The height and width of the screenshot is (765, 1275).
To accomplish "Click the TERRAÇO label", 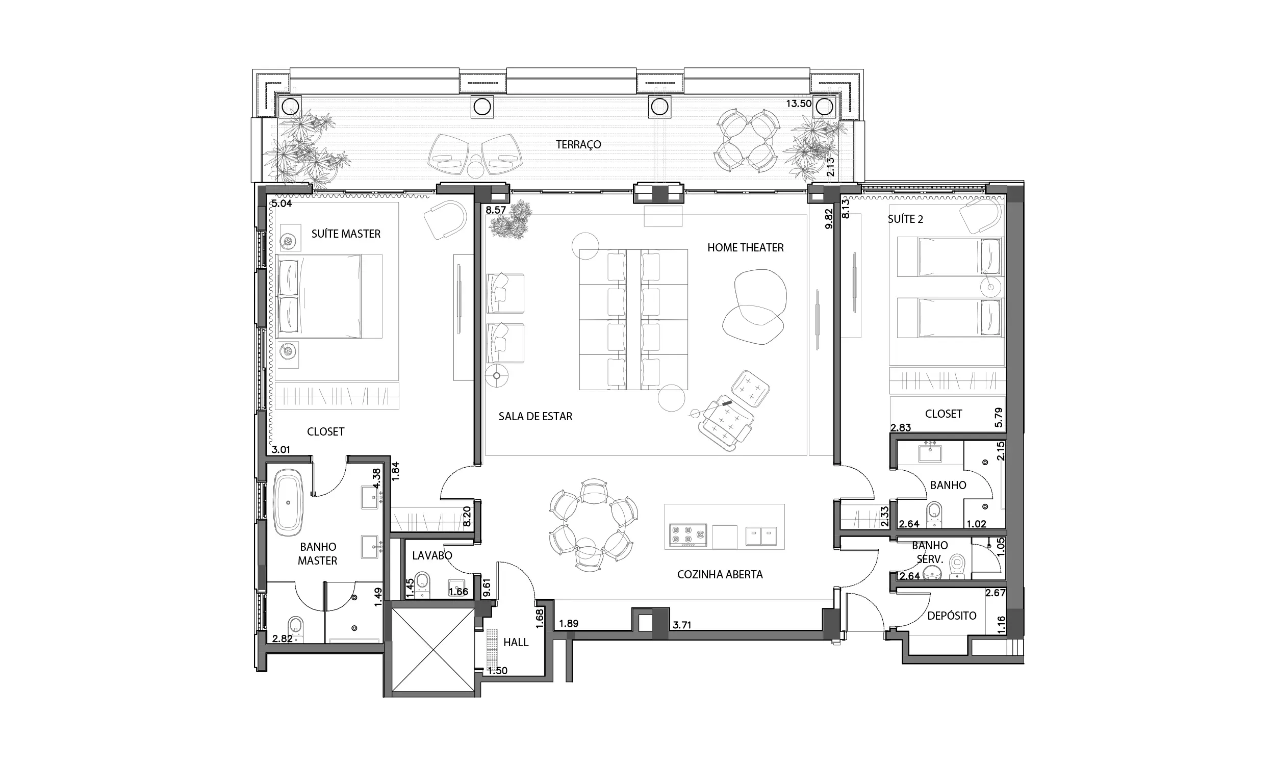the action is click(578, 145).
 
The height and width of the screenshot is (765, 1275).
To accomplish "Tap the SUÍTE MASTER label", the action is click(346, 234).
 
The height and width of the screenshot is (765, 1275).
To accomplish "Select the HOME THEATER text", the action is click(745, 248).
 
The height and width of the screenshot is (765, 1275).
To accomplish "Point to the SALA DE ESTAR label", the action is click(535, 417).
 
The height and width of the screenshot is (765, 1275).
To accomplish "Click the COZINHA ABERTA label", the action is click(720, 575).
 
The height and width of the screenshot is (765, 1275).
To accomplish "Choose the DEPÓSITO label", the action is click(951, 616).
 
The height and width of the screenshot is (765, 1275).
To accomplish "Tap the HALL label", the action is click(516, 642).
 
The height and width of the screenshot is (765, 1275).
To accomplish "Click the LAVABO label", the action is click(432, 556).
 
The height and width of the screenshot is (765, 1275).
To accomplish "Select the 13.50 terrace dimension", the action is click(799, 104).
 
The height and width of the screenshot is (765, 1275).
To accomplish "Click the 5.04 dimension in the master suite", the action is click(282, 203).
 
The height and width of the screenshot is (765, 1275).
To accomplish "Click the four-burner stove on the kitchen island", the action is click(688, 535).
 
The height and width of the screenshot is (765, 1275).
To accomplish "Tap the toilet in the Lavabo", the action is click(423, 584).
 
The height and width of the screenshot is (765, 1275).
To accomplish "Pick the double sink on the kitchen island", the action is click(761, 536).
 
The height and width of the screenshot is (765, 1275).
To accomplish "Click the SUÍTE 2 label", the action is click(905, 219).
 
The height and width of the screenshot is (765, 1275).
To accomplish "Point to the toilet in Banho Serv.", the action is click(957, 566).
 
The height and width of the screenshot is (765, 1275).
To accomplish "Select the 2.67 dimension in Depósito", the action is click(995, 593).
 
